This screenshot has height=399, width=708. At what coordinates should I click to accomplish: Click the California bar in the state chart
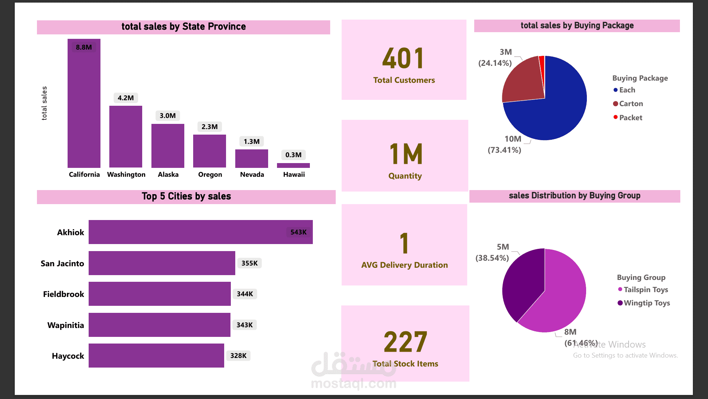point(84,107)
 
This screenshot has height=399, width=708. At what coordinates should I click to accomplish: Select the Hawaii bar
point(293,165)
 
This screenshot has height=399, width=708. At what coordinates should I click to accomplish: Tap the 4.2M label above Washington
point(126,98)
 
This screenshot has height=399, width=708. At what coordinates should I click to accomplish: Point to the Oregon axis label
point(210,175)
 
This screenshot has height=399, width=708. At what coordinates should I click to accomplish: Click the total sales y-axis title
point(44,103)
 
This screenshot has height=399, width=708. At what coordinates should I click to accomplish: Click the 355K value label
point(249,263)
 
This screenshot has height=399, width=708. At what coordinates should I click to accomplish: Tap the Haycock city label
point(68,356)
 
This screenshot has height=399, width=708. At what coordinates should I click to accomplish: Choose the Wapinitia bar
point(159,325)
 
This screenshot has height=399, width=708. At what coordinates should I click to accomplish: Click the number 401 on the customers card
point(403,59)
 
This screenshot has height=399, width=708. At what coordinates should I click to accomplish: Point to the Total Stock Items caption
point(405,364)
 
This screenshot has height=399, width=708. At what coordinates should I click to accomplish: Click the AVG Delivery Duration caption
point(404,265)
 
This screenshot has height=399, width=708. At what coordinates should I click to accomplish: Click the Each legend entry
point(627,90)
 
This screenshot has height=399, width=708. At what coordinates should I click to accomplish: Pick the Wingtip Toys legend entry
point(646,303)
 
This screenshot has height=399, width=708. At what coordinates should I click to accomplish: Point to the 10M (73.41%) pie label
point(505,144)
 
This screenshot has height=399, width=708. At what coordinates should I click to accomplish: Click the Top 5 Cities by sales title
point(186,196)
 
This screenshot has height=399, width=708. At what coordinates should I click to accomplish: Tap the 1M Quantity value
point(406,154)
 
